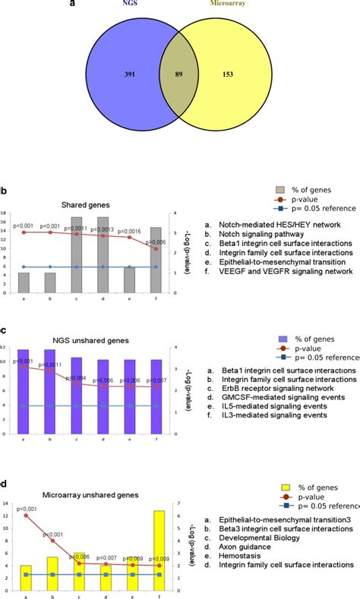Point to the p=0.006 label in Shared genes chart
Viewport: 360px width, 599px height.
click(x=156, y=241)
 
